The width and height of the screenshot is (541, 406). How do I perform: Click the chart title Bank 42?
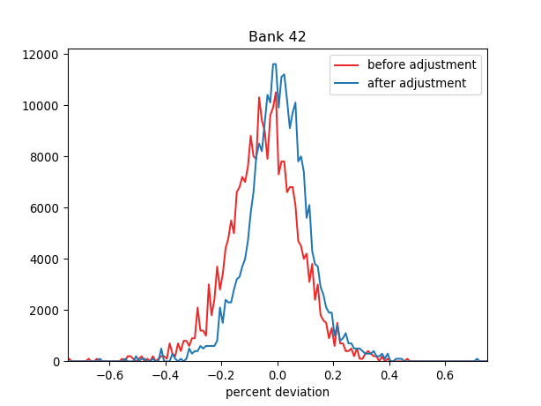pyautogui.click(x=278, y=37)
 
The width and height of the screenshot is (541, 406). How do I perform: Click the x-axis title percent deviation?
pyautogui.click(x=278, y=392)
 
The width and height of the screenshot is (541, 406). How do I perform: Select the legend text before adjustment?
pyautogui.click(x=421, y=65)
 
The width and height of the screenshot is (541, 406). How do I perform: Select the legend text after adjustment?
pyautogui.click(x=416, y=84)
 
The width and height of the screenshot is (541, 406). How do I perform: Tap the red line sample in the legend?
pyautogui.click(x=347, y=65)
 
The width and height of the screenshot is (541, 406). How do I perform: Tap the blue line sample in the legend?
pyautogui.click(x=347, y=84)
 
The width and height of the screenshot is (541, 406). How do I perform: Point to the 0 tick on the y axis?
pyautogui.click(x=58, y=362)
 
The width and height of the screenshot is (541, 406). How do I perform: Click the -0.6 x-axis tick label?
pyautogui.click(x=109, y=374)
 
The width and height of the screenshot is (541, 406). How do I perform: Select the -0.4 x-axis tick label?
pyautogui.click(x=165, y=374)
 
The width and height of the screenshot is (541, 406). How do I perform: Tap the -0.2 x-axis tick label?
pyautogui.click(x=221, y=374)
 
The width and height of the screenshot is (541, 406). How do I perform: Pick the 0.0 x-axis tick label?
pyautogui.click(x=278, y=374)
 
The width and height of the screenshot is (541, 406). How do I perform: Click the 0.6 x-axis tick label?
pyautogui.click(x=446, y=374)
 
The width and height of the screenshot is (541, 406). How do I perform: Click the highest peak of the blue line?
pyautogui.click(x=274, y=64)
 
